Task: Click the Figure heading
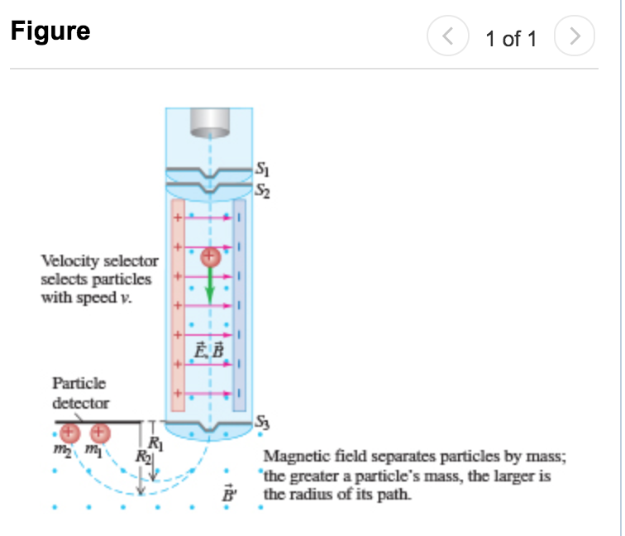click(50, 31)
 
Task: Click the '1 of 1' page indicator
click(511, 38)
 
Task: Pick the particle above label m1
click(100, 433)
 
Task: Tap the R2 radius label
click(144, 455)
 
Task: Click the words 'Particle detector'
click(80, 394)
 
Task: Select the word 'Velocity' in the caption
click(65, 261)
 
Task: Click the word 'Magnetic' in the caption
click(289, 457)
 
